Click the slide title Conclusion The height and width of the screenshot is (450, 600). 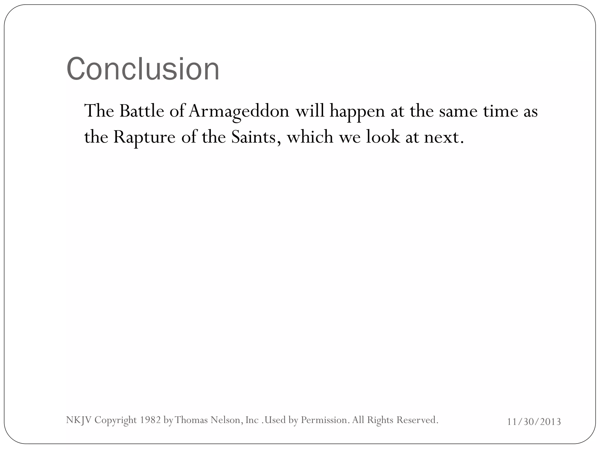click(143, 69)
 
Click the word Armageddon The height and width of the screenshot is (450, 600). click(239, 111)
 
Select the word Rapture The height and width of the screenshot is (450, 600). click(144, 137)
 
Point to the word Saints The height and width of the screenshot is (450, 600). click(253, 137)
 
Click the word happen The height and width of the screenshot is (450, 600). click(357, 111)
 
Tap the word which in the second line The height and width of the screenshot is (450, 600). click(310, 137)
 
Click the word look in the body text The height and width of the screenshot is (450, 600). click(383, 137)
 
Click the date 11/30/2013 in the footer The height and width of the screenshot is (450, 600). click(534, 422)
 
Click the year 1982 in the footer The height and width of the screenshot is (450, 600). click(150, 420)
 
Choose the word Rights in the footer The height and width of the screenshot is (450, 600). click(380, 420)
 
